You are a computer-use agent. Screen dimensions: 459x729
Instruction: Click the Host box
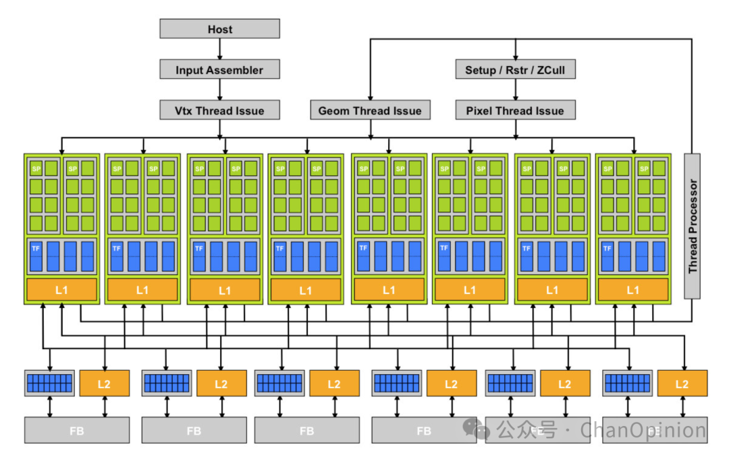coord(219,29)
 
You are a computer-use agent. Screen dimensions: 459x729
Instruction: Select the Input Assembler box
coord(219,69)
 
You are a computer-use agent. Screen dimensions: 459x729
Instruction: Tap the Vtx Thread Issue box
coord(219,111)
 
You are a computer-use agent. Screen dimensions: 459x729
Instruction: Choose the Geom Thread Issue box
coord(370,111)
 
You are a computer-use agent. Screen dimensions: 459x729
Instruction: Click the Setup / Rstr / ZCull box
coord(515,69)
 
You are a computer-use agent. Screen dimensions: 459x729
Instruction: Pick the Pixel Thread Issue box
coord(515,111)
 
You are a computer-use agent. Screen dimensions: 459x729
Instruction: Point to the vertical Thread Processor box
coord(692,226)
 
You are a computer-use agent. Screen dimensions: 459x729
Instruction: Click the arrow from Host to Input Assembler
coord(219,49)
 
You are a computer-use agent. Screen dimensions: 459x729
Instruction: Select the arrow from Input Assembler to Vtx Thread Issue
coord(219,90)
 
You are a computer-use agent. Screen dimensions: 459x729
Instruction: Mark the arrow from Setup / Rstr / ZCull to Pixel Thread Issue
coord(515,90)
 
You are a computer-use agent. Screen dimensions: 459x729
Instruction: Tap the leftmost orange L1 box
coord(61,290)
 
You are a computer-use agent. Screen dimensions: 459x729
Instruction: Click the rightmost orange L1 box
coord(632,290)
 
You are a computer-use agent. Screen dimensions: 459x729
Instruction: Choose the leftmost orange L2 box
coord(105,384)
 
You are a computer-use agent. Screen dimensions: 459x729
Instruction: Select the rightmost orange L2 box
coord(682,384)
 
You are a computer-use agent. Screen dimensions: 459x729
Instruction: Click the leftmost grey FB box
coord(76,430)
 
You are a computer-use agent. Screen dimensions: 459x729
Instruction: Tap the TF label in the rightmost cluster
coord(607,249)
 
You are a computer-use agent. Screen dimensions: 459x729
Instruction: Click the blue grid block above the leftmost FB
coord(49,384)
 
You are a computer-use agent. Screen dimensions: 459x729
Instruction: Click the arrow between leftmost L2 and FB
coord(105,407)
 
